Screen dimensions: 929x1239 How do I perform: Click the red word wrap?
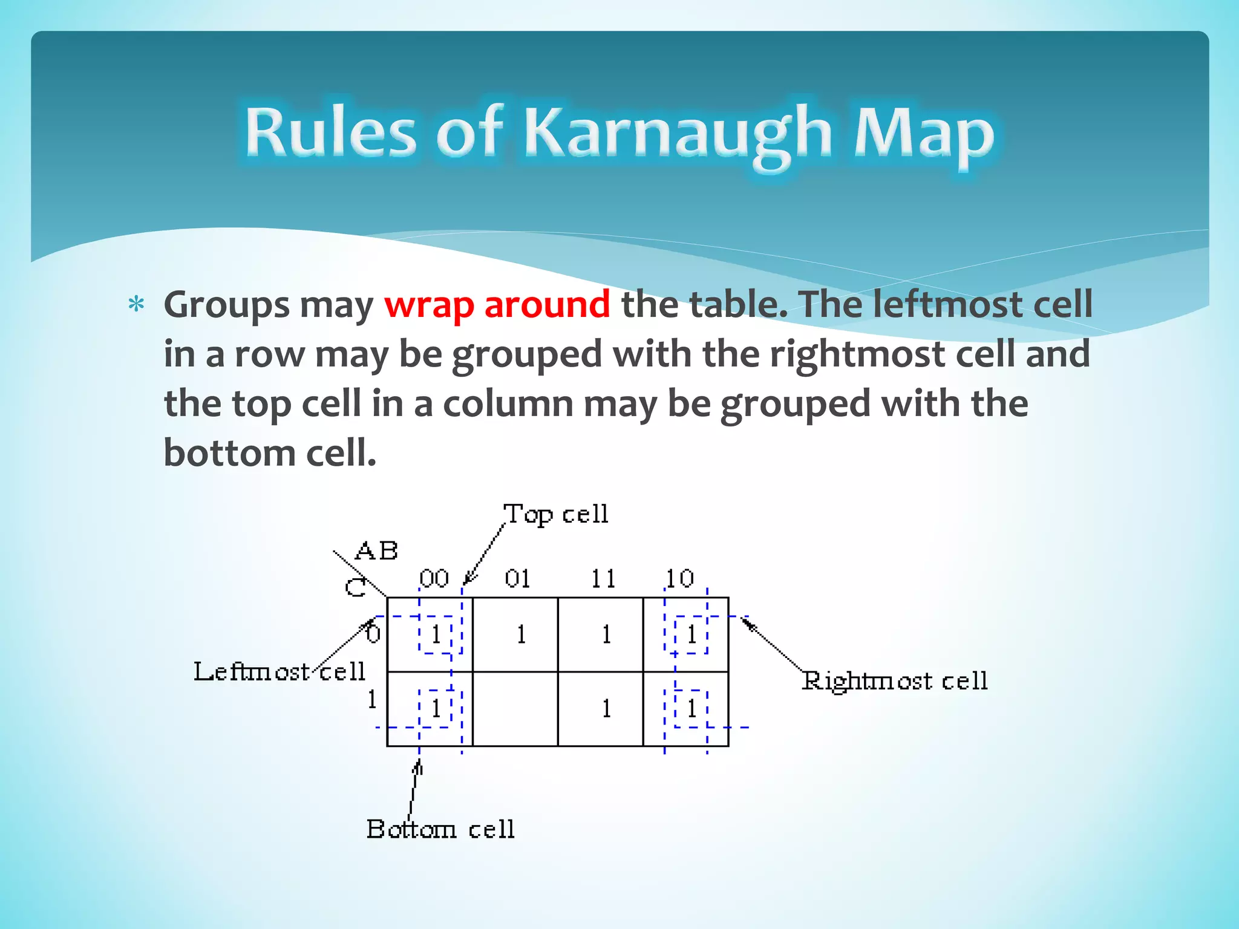[x=429, y=304]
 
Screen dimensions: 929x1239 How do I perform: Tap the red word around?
[x=547, y=304]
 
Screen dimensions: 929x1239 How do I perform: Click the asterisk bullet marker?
[x=137, y=304]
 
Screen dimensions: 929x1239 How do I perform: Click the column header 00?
[x=434, y=579]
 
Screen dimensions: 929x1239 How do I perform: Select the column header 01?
[x=518, y=579]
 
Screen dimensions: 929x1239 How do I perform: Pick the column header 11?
[x=603, y=579]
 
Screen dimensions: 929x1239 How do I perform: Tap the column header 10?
[x=680, y=579]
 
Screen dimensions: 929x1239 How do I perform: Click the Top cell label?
[x=555, y=515]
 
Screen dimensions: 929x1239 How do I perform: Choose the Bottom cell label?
[x=440, y=829]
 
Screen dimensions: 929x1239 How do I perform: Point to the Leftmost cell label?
[x=279, y=672]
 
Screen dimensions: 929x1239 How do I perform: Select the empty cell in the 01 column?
[x=515, y=709]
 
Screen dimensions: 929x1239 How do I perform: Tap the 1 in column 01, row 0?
[x=521, y=634]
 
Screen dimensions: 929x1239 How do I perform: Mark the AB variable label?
[x=376, y=551]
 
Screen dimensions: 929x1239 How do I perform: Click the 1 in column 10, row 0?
[x=691, y=634]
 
